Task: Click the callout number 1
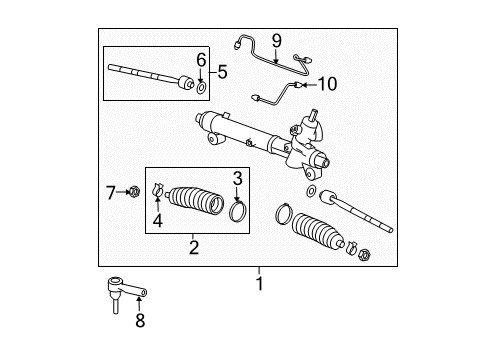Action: tap(258, 282)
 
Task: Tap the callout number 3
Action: tap(238, 178)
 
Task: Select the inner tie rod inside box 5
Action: tap(150, 74)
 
